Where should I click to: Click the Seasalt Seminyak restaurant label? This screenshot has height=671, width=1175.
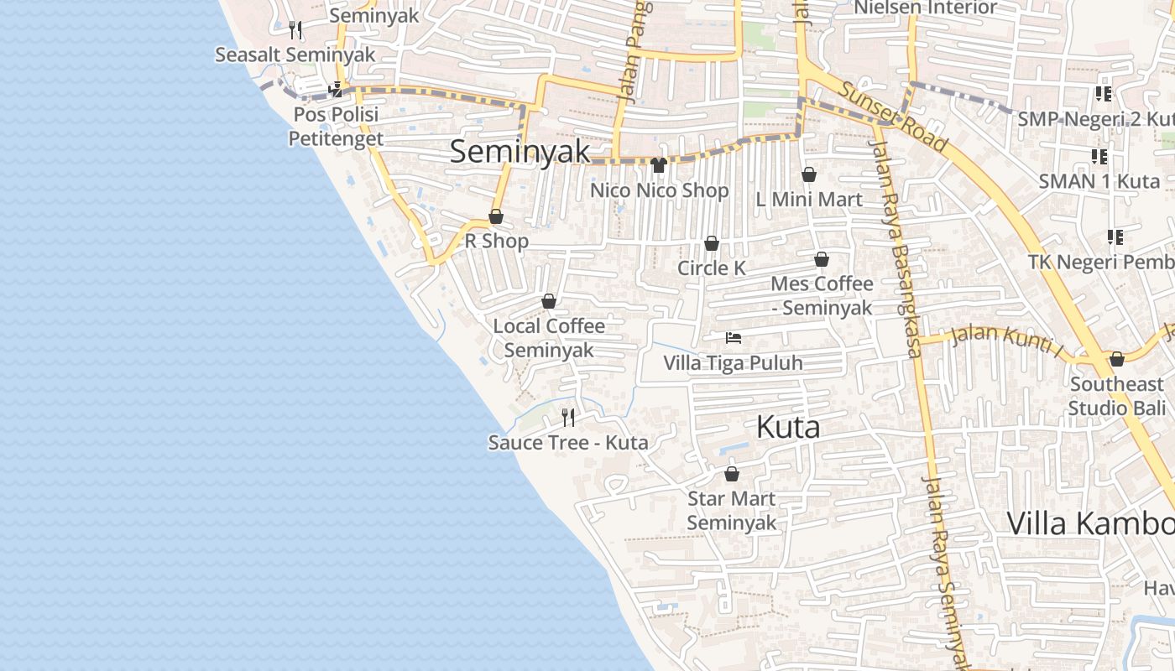click(295, 55)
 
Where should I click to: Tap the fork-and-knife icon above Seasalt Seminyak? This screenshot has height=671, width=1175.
click(295, 30)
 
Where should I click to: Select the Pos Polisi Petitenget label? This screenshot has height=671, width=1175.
click(336, 126)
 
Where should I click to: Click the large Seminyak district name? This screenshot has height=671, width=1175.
click(520, 152)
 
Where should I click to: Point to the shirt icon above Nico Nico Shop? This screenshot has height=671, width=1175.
click(659, 164)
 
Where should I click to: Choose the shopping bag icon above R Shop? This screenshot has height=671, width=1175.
click(496, 217)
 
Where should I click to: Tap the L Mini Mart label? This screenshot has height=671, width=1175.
click(809, 200)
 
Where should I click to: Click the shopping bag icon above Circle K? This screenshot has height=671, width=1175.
click(712, 243)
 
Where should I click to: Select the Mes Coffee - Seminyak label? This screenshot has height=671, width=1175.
click(822, 295)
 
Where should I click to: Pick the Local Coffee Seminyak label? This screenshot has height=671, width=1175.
click(549, 337)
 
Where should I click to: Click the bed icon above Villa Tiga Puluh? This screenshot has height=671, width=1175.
click(734, 338)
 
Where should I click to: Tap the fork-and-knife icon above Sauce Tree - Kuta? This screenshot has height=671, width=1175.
click(568, 417)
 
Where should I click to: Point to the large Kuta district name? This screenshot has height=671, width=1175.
click(788, 427)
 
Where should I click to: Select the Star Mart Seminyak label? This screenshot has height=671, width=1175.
click(732, 510)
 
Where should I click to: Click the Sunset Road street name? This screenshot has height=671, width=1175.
click(893, 117)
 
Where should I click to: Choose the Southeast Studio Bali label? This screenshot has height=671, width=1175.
click(1116, 396)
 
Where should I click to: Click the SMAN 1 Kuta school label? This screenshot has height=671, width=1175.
click(1099, 181)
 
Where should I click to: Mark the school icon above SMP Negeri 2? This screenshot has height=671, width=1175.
click(1103, 94)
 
